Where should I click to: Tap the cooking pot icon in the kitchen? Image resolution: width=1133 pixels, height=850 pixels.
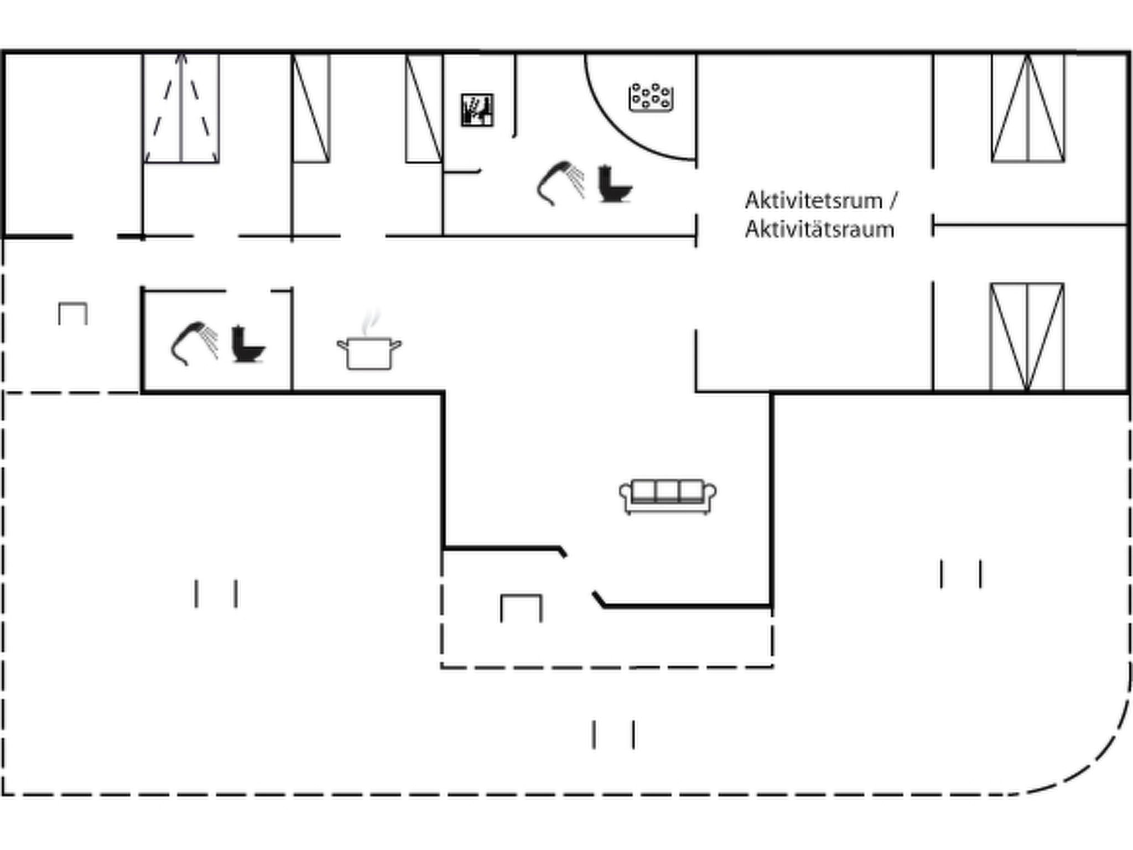(x=370, y=353)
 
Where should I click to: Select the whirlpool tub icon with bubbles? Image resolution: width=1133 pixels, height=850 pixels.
(x=651, y=97)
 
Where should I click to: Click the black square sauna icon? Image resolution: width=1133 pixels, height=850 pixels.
(x=477, y=110)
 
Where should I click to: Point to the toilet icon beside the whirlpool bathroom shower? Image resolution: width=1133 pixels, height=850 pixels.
(x=615, y=184)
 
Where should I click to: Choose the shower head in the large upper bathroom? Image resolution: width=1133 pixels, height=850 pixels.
(x=560, y=183)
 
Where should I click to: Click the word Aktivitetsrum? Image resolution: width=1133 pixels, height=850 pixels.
(x=813, y=200)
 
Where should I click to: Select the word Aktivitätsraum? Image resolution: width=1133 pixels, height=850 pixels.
(x=819, y=229)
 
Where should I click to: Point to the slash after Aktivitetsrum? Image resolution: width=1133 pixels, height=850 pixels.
(x=893, y=200)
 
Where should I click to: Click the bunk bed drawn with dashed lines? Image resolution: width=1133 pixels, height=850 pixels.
(x=182, y=108)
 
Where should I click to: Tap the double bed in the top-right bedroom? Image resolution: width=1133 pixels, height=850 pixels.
(x=1028, y=108)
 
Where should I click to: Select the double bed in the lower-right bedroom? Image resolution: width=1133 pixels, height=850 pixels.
(x=1027, y=337)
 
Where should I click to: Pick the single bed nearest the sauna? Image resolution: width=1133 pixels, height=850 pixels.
(x=424, y=108)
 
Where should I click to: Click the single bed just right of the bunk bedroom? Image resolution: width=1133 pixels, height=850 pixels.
(x=311, y=108)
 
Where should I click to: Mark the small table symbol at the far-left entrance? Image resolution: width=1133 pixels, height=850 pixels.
(x=73, y=313)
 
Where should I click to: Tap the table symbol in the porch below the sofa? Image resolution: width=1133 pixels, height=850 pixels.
(x=521, y=608)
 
